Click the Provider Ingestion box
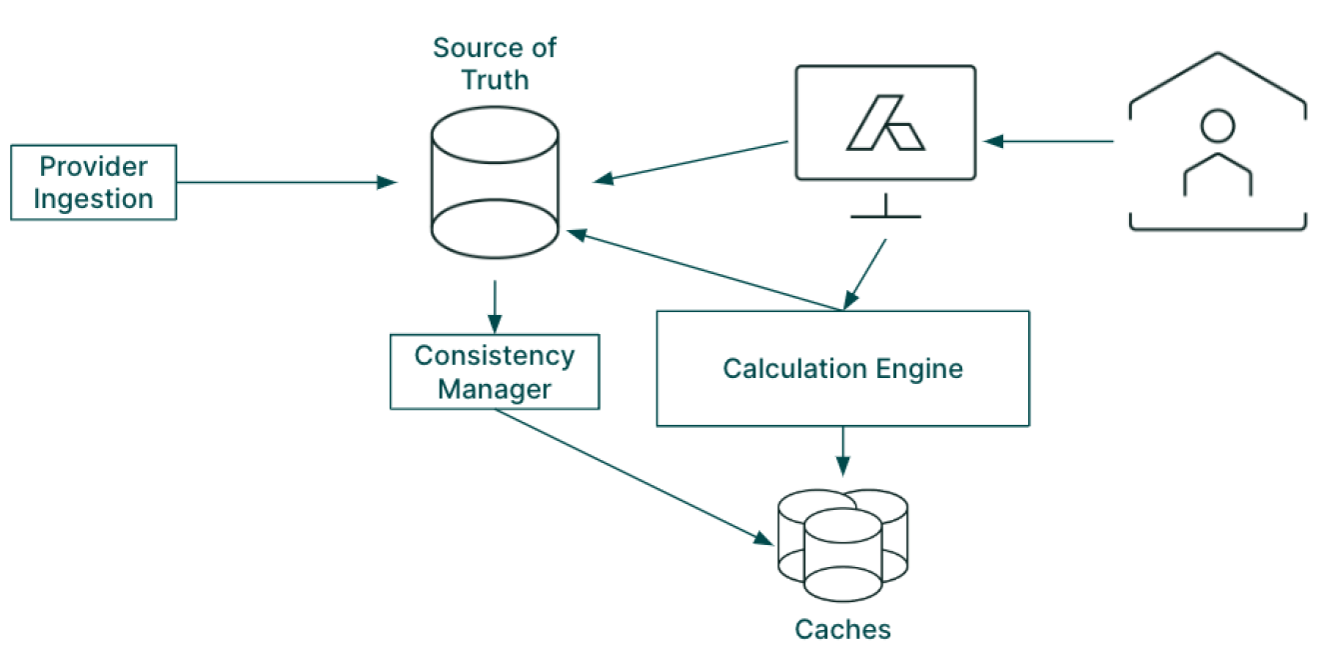(93, 182)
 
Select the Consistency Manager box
(495, 372)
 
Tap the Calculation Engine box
(842, 368)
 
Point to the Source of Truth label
(495, 63)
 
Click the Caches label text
(842, 629)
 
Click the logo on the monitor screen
(885, 123)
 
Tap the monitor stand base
(885, 214)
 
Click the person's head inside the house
(1216, 127)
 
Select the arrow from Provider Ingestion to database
(285, 182)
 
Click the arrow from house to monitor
(1049, 141)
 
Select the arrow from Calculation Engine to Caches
(842, 450)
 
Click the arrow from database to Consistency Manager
(495, 306)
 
